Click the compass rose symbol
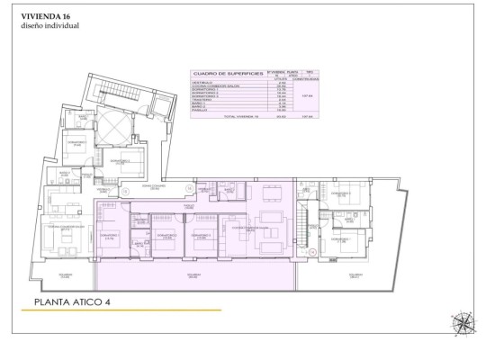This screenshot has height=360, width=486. click(464, 322)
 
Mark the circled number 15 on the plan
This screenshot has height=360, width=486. click(124, 191)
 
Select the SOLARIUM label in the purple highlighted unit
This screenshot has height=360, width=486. click(193, 275)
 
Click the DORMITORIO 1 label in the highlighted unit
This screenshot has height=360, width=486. click(110, 236)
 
